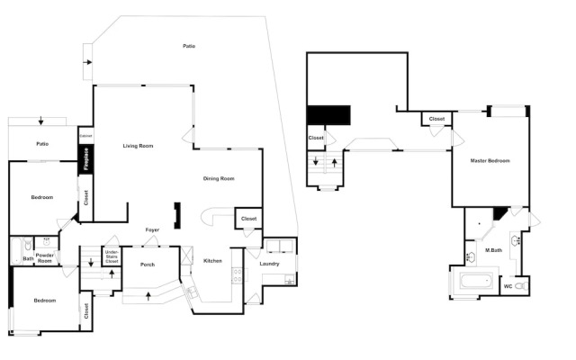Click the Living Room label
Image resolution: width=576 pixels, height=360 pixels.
coord(138,146)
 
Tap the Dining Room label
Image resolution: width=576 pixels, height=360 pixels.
coord(219,178)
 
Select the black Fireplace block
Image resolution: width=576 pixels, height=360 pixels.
coord(86,159)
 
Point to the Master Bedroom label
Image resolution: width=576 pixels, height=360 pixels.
coord(490,160)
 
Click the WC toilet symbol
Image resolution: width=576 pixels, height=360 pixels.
coord(520,286)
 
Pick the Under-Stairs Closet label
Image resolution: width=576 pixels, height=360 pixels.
coord(112,256)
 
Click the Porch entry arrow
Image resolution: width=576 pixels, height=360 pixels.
coord(148,296)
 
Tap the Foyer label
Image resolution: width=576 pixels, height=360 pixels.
coord(152,230)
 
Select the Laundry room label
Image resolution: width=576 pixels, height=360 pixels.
coord(269,264)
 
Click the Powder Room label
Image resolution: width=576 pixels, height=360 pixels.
coord(45,258)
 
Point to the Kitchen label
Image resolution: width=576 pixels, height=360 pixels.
coord(212,261)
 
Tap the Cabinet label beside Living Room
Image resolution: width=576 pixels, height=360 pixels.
coord(85,136)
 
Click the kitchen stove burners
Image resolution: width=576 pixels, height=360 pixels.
coord(238,275)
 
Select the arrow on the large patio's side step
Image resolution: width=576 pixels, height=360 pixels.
coord(87,62)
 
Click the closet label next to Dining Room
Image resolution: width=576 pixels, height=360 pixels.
coord(248,219)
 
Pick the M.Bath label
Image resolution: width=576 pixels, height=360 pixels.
coord(493,250)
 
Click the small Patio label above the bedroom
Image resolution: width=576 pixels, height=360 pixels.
coord(42,144)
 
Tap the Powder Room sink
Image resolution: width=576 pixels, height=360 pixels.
coord(47,242)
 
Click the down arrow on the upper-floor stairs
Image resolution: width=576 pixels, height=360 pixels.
coord(315,161)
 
